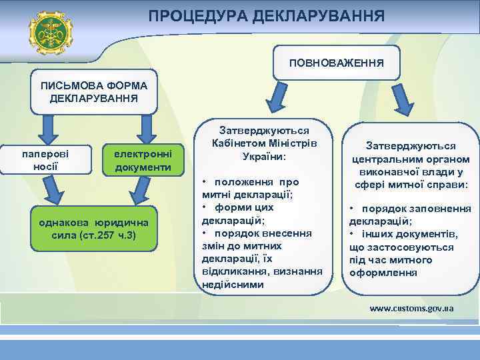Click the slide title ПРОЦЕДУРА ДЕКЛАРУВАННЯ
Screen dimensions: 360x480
point(266,15)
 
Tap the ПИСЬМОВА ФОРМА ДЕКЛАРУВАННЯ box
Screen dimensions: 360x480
point(94,93)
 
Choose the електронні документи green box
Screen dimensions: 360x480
point(143,160)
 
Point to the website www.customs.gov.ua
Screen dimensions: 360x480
point(411,309)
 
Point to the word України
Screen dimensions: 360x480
point(262,157)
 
